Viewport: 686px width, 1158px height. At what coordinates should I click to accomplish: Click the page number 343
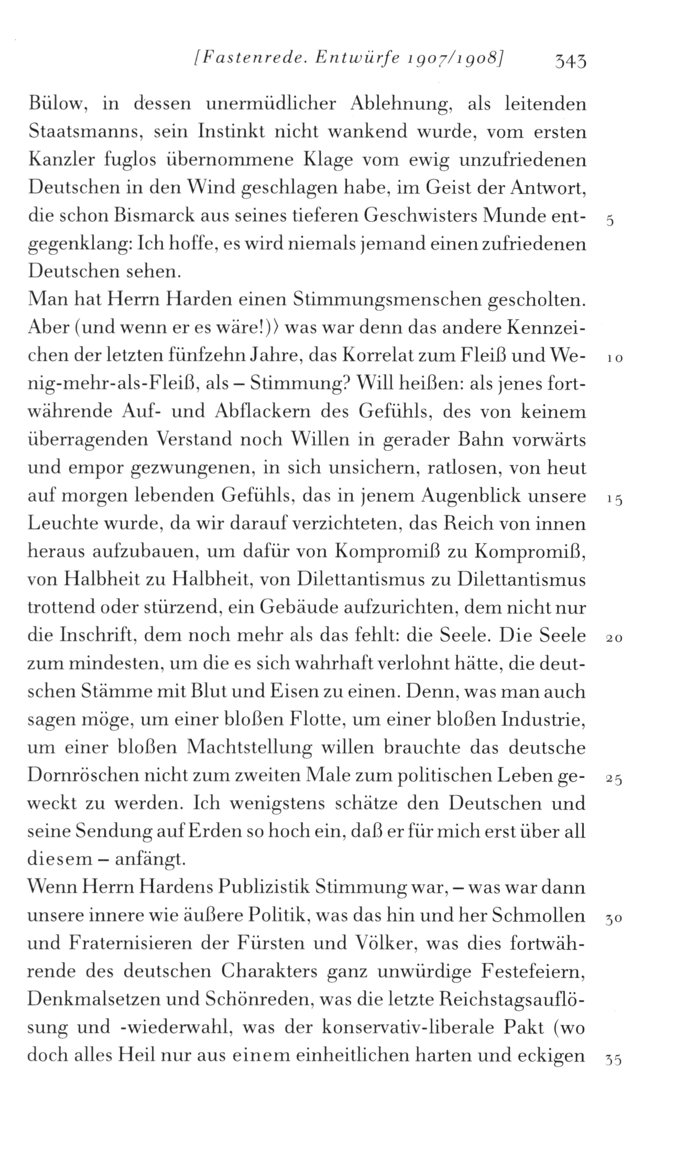568,62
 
